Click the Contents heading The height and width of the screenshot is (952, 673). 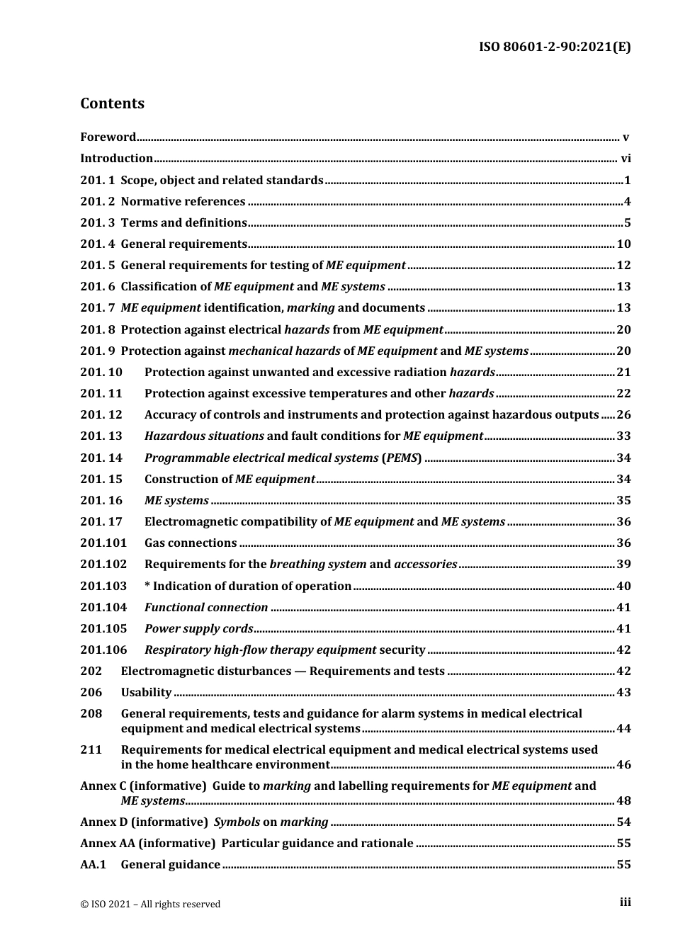point(112,103)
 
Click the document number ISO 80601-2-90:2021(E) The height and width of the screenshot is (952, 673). point(555,47)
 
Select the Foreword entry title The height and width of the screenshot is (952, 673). point(108,137)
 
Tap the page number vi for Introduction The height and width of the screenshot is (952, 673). point(626,159)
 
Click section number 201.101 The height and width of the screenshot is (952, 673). point(103,543)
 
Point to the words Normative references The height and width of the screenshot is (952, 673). point(183,202)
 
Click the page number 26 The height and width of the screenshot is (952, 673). point(623,415)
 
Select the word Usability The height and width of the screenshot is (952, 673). point(146,693)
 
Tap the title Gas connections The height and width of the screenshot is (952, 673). point(191,543)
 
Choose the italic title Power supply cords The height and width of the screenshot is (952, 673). point(198,629)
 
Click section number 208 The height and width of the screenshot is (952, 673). point(91,714)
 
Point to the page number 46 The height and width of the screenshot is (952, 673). point(623,765)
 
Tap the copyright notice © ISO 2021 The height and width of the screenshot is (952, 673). point(150,905)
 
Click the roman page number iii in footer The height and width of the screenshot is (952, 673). point(625,902)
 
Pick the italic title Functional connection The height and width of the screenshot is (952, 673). point(206,608)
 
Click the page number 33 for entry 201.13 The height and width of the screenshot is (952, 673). point(623,436)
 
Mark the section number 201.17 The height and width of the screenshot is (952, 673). point(101,522)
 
